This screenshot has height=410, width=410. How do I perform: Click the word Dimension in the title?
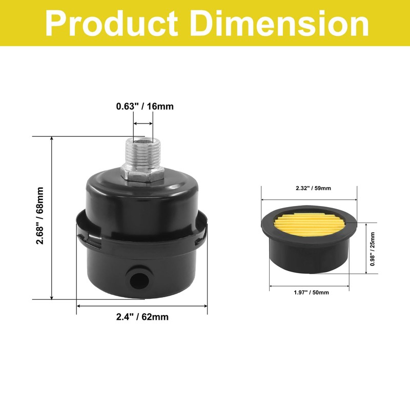click(x=278, y=23)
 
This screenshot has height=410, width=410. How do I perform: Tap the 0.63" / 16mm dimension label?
click(x=144, y=107)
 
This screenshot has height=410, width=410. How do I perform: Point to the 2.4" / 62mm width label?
click(x=142, y=317)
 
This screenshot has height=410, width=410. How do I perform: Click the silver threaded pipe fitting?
click(x=142, y=155)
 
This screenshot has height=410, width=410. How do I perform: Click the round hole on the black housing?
click(x=137, y=279)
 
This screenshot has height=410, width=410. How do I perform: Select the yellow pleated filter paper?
click(x=309, y=228)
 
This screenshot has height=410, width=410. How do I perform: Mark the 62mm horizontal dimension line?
click(x=142, y=306)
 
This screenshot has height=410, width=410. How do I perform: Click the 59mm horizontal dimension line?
click(x=310, y=200)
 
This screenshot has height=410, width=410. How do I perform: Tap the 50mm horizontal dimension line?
click(x=310, y=284)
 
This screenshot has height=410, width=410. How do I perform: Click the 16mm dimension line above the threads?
click(x=143, y=124)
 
